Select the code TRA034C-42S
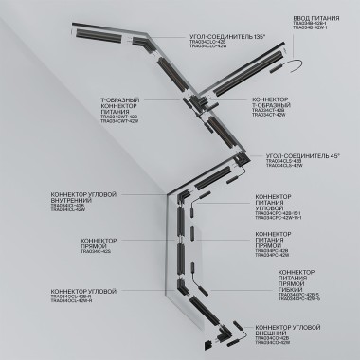coord(95,251)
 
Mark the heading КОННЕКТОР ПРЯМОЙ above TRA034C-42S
coord(96,241)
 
